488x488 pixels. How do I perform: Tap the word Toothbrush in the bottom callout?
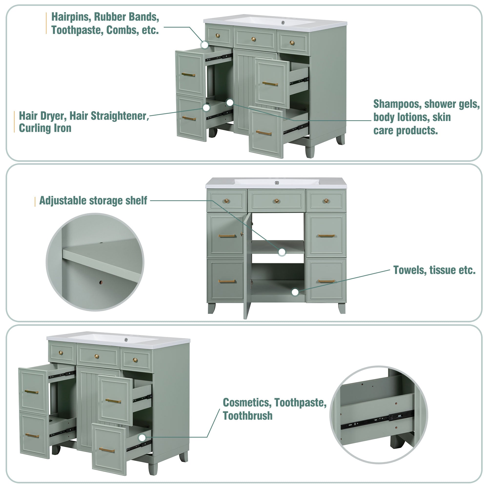[247, 416]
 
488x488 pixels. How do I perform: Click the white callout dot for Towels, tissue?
[295, 292]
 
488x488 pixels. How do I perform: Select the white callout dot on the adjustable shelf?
[282, 252]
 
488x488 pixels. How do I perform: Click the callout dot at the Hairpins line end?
[205, 45]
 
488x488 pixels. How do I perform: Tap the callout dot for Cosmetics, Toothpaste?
[142, 438]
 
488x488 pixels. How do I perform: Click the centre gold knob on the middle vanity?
[277, 201]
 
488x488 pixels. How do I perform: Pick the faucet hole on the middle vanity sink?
[277, 183]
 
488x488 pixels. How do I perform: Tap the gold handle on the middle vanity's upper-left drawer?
[227, 236]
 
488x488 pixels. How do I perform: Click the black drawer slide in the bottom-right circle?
[378, 420]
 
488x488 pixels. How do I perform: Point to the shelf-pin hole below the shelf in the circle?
[101, 282]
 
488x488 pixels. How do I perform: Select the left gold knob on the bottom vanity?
[61, 353]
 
